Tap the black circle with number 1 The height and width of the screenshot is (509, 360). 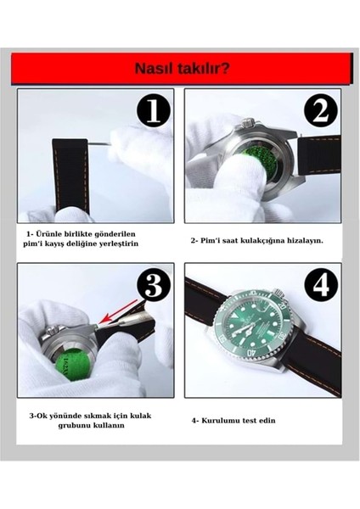(x=154, y=110)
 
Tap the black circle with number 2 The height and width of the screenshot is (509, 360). (x=320, y=110)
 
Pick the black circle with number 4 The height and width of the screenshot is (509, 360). (x=320, y=286)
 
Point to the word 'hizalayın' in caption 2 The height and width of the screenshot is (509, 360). (x=302, y=240)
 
